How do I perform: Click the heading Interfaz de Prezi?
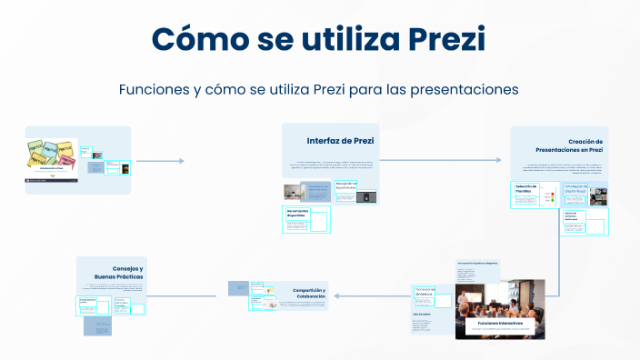point(340,141)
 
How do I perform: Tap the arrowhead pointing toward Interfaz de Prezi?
point(180,161)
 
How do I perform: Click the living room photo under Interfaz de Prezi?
point(294,192)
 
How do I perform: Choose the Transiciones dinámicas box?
point(425,292)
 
